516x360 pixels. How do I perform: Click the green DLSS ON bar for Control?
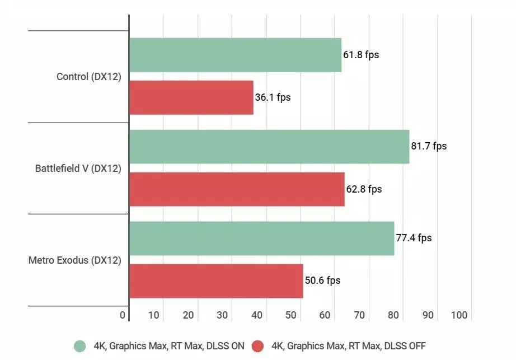click(x=235, y=55)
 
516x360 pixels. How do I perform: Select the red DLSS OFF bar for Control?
click(x=191, y=97)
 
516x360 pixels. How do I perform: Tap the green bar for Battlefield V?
click(x=269, y=146)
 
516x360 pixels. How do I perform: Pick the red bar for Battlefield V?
click(x=237, y=189)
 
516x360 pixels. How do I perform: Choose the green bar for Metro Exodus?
click(x=261, y=238)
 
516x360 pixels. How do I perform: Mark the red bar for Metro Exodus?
click(x=216, y=280)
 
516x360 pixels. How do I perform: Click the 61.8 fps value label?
click(x=362, y=55)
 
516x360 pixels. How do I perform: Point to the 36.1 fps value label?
click(x=273, y=97)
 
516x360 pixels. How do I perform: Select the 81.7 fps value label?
click(x=429, y=146)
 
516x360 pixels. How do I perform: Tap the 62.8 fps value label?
click(x=364, y=189)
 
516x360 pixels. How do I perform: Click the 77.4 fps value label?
click(x=414, y=238)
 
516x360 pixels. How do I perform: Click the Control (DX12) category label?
click(x=89, y=77)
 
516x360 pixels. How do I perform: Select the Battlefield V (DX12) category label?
click(x=78, y=168)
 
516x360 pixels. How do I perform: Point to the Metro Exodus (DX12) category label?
click(x=74, y=260)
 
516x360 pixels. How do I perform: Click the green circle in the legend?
click(x=80, y=346)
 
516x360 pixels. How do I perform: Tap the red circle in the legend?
click(x=258, y=346)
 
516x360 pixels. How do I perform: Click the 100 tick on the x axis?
click(x=459, y=315)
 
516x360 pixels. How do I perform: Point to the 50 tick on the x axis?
click(x=291, y=315)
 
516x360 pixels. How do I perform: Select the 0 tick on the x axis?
click(x=123, y=315)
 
